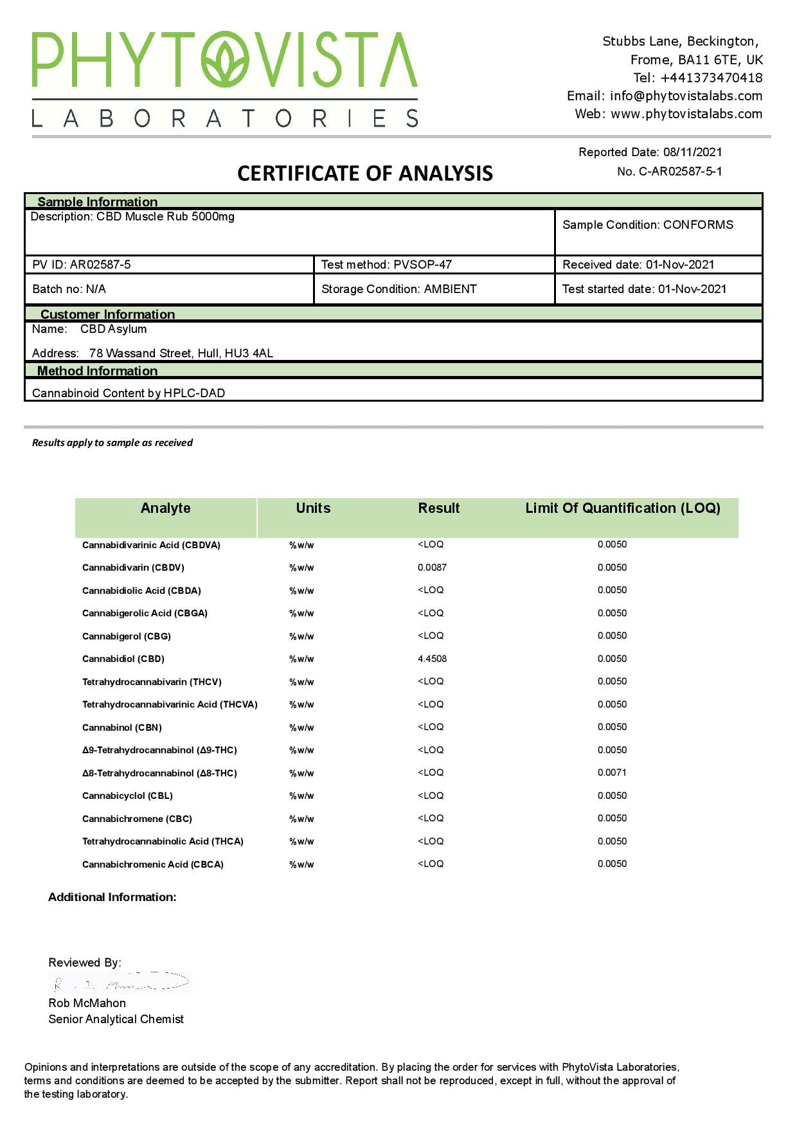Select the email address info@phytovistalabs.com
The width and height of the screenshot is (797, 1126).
(x=686, y=96)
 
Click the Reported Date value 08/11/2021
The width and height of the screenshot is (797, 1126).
(x=692, y=152)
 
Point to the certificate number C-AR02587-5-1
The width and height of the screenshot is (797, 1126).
(x=680, y=172)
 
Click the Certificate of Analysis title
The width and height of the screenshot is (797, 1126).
(x=364, y=174)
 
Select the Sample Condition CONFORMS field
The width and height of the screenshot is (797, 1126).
(x=647, y=225)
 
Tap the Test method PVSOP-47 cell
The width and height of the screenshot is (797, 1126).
(x=386, y=265)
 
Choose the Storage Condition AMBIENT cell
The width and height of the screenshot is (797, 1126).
(x=398, y=289)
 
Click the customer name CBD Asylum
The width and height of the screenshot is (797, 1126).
(x=113, y=329)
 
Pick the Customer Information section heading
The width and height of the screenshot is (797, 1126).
(x=107, y=314)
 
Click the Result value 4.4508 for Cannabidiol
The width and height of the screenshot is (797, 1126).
(x=432, y=659)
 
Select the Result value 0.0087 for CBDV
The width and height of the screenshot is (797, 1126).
(x=432, y=567)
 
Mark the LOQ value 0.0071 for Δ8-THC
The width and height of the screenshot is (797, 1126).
(x=611, y=773)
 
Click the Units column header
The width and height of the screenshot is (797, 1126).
(x=313, y=508)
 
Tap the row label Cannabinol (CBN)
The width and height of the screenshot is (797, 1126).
(x=121, y=728)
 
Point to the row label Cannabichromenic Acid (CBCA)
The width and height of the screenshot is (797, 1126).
(x=152, y=864)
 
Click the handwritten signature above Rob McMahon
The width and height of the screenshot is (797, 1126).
(x=120, y=983)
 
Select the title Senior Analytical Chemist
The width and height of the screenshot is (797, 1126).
(x=116, y=1019)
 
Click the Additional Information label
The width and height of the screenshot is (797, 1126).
(x=112, y=897)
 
